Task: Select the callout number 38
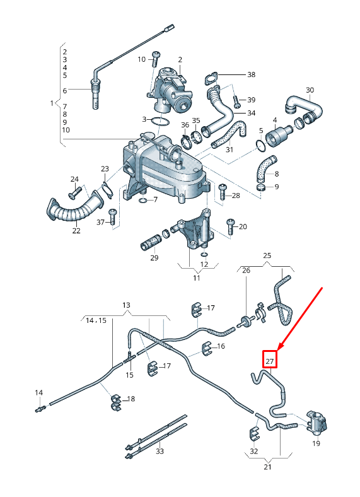(251, 74)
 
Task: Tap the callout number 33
(160, 452)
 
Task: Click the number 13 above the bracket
(126, 305)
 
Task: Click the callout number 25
(267, 255)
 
